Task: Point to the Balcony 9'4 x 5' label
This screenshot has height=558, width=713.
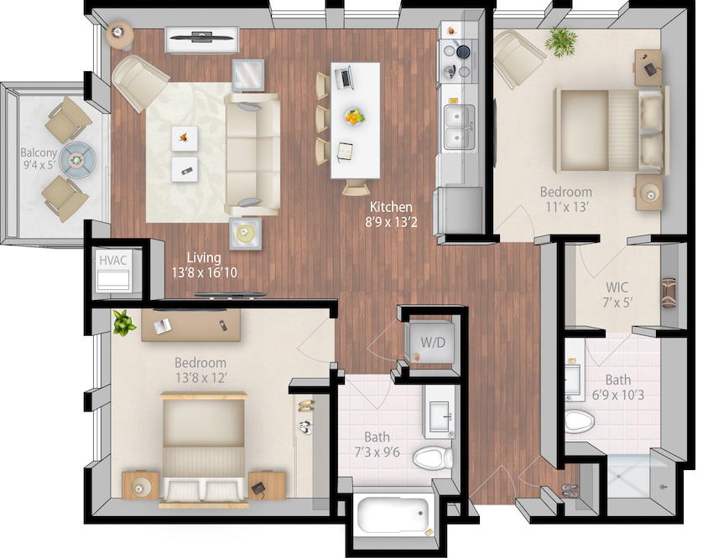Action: pyautogui.click(x=39, y=159)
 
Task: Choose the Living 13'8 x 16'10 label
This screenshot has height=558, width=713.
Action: pyautogui.click(x=205, y=265)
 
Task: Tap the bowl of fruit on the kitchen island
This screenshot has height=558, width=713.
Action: pyautogui.click(x=353, y=116)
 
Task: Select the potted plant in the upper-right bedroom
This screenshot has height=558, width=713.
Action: pyautogui.click(x=560, y=38)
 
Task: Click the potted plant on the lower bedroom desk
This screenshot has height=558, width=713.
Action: pyautogui.click(x=123, y=322)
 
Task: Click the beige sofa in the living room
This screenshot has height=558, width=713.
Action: pyautogui.click(x=252, y=154)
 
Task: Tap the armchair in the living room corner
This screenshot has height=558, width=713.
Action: pyautogui.click(x=138, y=81)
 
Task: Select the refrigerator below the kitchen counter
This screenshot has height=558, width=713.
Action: pyautogui.click(x=460, y=209)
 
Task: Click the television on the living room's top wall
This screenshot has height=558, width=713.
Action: pyautogui.click(x=202, y=37)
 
